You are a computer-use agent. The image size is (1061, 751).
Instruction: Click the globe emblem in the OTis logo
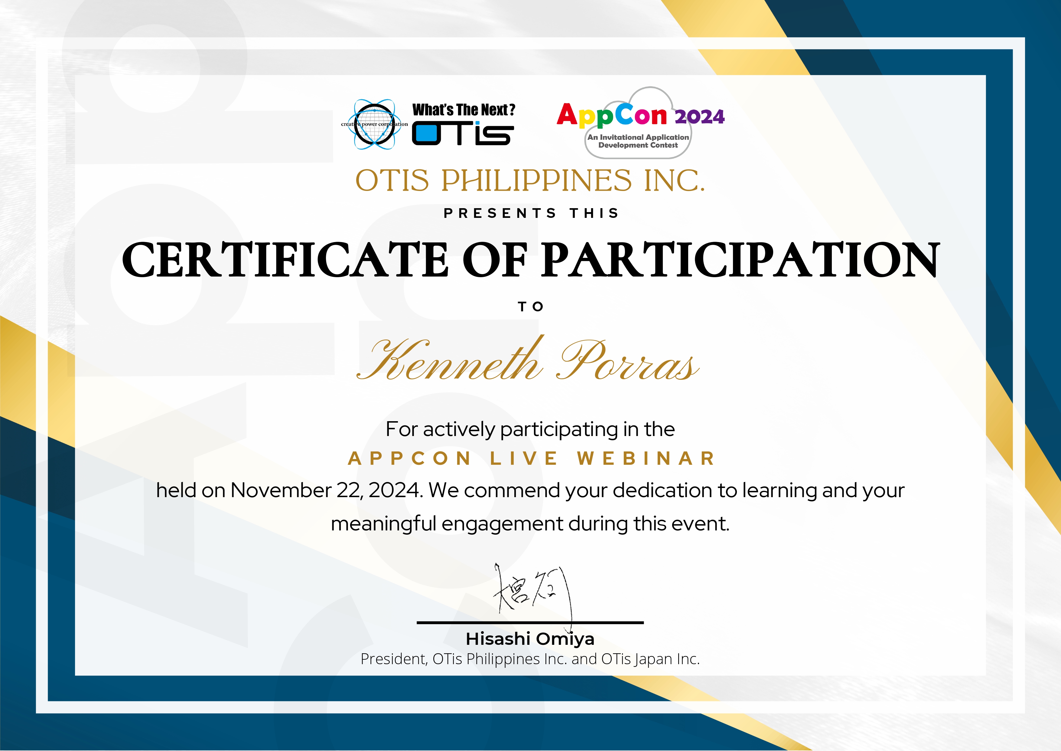click(x=374, y=124)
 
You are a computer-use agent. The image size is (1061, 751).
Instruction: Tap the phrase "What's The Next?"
click(x=464, y=110)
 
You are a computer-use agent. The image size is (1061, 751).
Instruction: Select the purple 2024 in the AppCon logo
click(x=700, y=116)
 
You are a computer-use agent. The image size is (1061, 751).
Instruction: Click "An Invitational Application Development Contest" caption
click(x=638, y=141)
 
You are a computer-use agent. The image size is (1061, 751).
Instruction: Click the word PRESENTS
click(x=500, y=213)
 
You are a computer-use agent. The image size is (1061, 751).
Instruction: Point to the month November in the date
click(x=281, y=490)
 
